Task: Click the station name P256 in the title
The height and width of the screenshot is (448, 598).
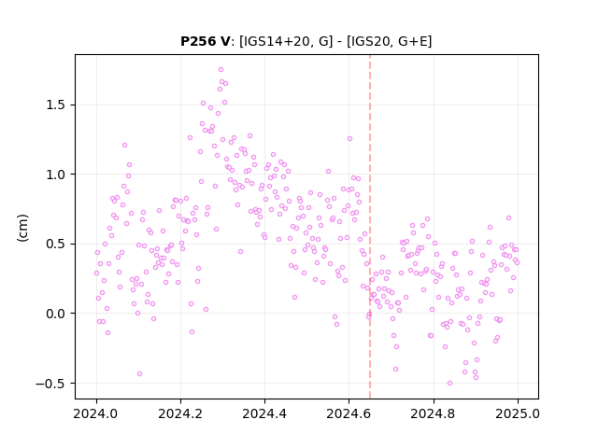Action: [199, 41]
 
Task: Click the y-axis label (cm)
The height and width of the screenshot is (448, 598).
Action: [22, 228]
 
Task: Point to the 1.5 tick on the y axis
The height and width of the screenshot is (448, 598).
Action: [56, 105]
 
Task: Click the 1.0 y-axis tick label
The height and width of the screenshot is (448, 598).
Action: [56, 175]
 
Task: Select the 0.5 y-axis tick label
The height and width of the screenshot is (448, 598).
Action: [56, 245]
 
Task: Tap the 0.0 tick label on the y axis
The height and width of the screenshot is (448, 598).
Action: [56, 314]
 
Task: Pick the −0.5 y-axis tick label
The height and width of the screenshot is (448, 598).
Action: [51, 384]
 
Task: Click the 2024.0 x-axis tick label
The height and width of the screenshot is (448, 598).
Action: [96, 413]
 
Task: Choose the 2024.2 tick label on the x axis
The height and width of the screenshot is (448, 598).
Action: [180, 413]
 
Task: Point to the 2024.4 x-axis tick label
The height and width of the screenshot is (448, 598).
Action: [264, 413]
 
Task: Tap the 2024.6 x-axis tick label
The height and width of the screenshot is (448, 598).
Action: [349, 413]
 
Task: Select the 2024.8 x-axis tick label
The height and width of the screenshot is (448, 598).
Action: [433, 413]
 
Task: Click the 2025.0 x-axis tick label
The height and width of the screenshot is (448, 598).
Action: [518, 413]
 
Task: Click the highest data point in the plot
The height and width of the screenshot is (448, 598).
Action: [221, 70]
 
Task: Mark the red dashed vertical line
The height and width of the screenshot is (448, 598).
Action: [370, 226]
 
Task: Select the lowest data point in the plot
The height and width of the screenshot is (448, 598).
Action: [449, 383]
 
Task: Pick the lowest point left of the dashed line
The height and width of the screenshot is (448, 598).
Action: [139, 373]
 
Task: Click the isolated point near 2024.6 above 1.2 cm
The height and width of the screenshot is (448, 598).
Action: [349, 139]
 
